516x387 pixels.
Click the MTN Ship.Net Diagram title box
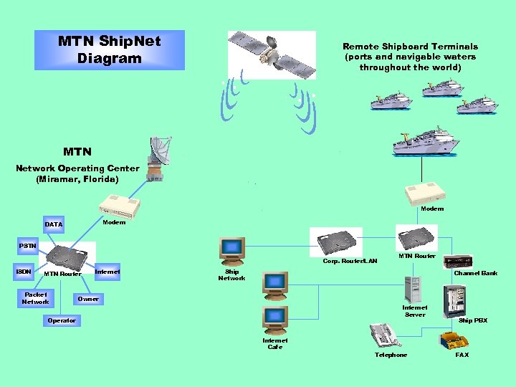point(110,50)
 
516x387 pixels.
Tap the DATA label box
point(54,224)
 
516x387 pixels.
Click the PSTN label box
point(27,246)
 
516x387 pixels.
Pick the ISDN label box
point(24,272)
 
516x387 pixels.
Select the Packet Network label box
point(35,298)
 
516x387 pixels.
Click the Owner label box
point(88,298)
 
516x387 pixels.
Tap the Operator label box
point(62,320)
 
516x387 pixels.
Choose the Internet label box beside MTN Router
point(107,272)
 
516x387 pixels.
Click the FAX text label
point(462,355)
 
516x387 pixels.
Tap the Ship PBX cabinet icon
point(454,300)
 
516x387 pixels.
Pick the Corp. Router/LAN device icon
point(336,242)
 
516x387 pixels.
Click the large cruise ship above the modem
point(426,140)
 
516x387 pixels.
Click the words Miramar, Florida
point(77,178)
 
